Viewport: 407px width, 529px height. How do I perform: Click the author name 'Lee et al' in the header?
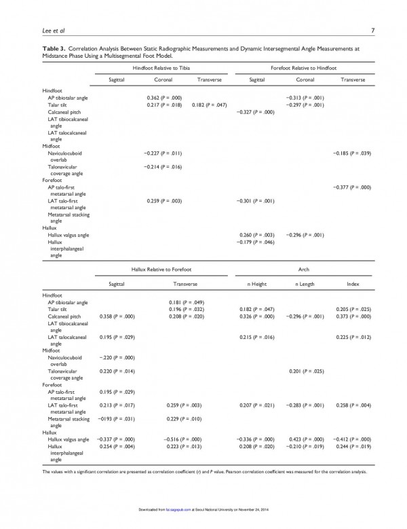tap(35, 29)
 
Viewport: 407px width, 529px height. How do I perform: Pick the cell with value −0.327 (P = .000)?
tap(254, 111)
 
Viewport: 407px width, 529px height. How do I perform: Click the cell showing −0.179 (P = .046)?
tap(254, 242)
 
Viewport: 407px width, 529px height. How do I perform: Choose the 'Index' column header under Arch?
tap(353, 284)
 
